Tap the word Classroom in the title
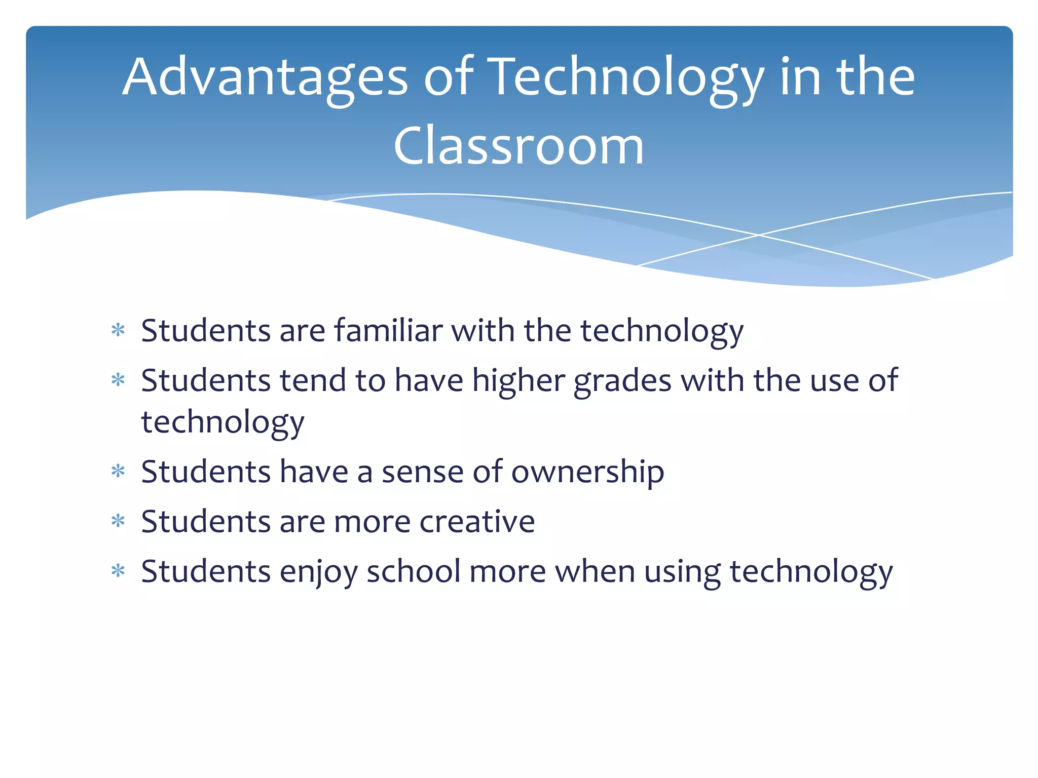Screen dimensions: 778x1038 click(x=518, y=146)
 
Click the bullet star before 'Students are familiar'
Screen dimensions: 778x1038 click(x=118, y=331)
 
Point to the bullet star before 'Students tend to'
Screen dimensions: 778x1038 click(x=118, y=380)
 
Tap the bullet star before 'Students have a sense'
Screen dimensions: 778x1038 click(x=118, y=472)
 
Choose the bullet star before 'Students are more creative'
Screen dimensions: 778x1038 click(x=118, y=521)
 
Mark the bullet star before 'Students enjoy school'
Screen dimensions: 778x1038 click(x=118, y=571)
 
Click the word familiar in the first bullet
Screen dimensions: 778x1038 click(x=388, y=331)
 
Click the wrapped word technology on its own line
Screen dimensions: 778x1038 click(x=223, y=422)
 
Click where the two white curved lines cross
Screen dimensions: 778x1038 click(x=759, y=235)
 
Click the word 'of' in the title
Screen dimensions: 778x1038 click(x=449, y=77)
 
